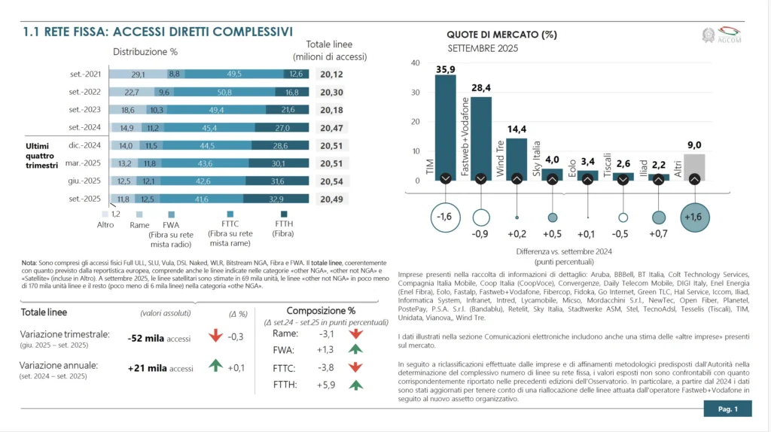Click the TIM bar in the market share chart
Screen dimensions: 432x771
(x=445, y=128)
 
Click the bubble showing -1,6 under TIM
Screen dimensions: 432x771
(x=445, y=218)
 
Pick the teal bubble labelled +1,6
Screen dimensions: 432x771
(x=693, y=218)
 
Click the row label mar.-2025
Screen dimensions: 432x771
(x=85, y=163)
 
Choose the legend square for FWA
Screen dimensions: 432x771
(x=171, y=214)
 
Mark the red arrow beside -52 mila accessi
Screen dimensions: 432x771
(x=216, y=336)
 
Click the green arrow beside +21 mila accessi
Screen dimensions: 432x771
(x=216, y=365)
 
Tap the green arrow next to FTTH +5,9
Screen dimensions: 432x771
(x=356, y=385)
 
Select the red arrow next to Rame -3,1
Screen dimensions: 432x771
(x=356, y=333)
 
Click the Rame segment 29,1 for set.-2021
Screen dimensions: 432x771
(x=138, y=75)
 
